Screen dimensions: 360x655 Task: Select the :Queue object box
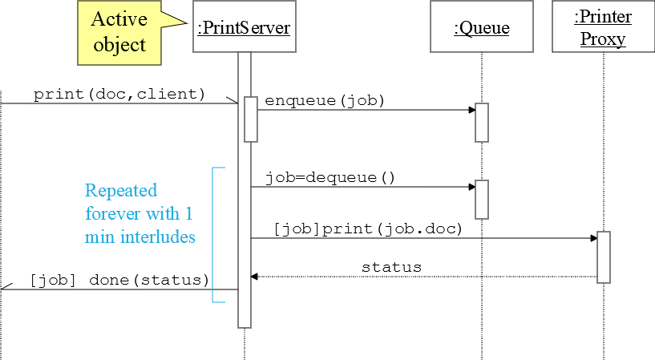pos(481,29)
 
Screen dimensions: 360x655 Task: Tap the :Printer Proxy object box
pos(603,29)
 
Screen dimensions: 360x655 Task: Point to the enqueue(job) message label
pos(325,101)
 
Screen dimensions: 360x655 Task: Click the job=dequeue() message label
pos(330,177)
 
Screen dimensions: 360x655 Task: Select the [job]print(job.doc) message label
pos(368,229)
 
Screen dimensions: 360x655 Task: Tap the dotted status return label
pos(391,267)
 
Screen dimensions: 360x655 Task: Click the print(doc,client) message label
pos(119,94)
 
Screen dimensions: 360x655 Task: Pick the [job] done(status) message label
pos(119,280)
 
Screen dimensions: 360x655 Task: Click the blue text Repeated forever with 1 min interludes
pos(139,214)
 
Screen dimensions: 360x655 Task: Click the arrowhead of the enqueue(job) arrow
pos(471,110)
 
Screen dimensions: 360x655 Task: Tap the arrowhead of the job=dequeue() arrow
pos(471,188)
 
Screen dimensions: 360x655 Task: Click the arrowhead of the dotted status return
pos(254,277)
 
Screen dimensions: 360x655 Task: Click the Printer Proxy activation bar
pos(604,257)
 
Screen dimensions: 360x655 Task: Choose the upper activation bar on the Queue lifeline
pos(482,122)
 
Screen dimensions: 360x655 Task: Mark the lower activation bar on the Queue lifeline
pos(482,199)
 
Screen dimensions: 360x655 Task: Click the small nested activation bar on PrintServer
pos(250,119)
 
